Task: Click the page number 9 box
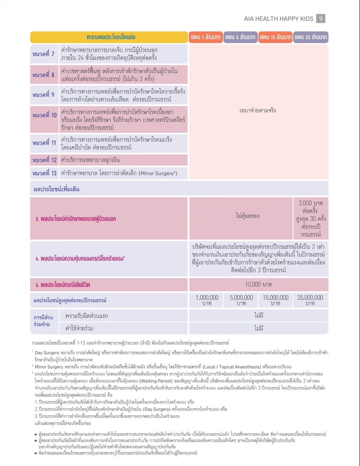[x=321, y=19]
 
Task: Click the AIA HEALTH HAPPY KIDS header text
[x=278, y=19]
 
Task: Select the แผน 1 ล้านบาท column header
[x=206, y=37]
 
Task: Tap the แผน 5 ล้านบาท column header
[x=240, y=37]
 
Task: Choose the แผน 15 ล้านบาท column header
[x=275, y=37]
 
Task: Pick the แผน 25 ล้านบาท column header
[x=311, y=37]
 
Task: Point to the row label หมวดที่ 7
[x=44, y=54]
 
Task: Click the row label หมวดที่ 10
[x=44, y=115]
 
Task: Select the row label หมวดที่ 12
[x=44, y=160]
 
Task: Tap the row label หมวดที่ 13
[x=44, y=173]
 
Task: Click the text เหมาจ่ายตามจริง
[x=258, y=110]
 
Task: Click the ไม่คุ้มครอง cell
[x=247, y=216]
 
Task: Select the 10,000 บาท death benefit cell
[x=258, y=284]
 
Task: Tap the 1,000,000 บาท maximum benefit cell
[x=207, y=300]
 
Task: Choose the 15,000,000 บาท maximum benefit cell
[x=276, y=300]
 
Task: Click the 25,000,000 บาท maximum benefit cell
[x=310, y=300]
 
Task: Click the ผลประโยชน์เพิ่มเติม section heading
[x=57, y=189]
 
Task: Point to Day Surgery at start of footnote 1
[x=47, y=353]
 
